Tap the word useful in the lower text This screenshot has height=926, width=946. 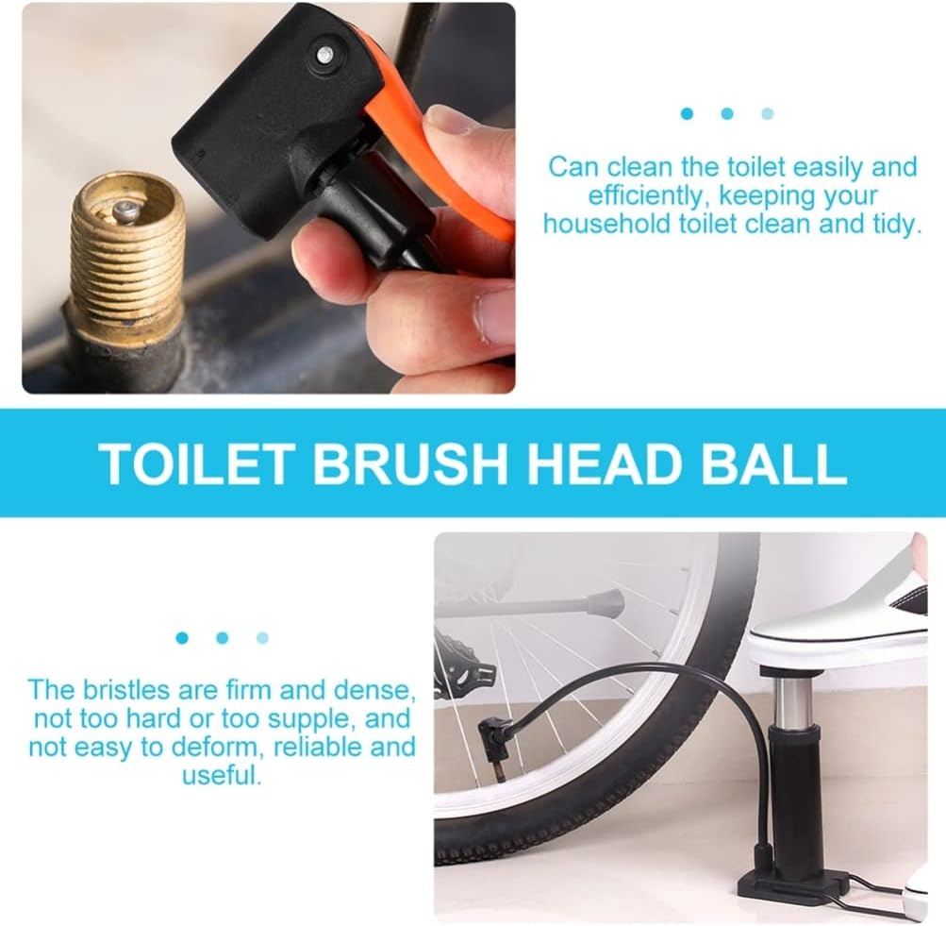pos(219,775)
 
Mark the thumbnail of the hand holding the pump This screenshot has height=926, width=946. pos(448,122)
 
